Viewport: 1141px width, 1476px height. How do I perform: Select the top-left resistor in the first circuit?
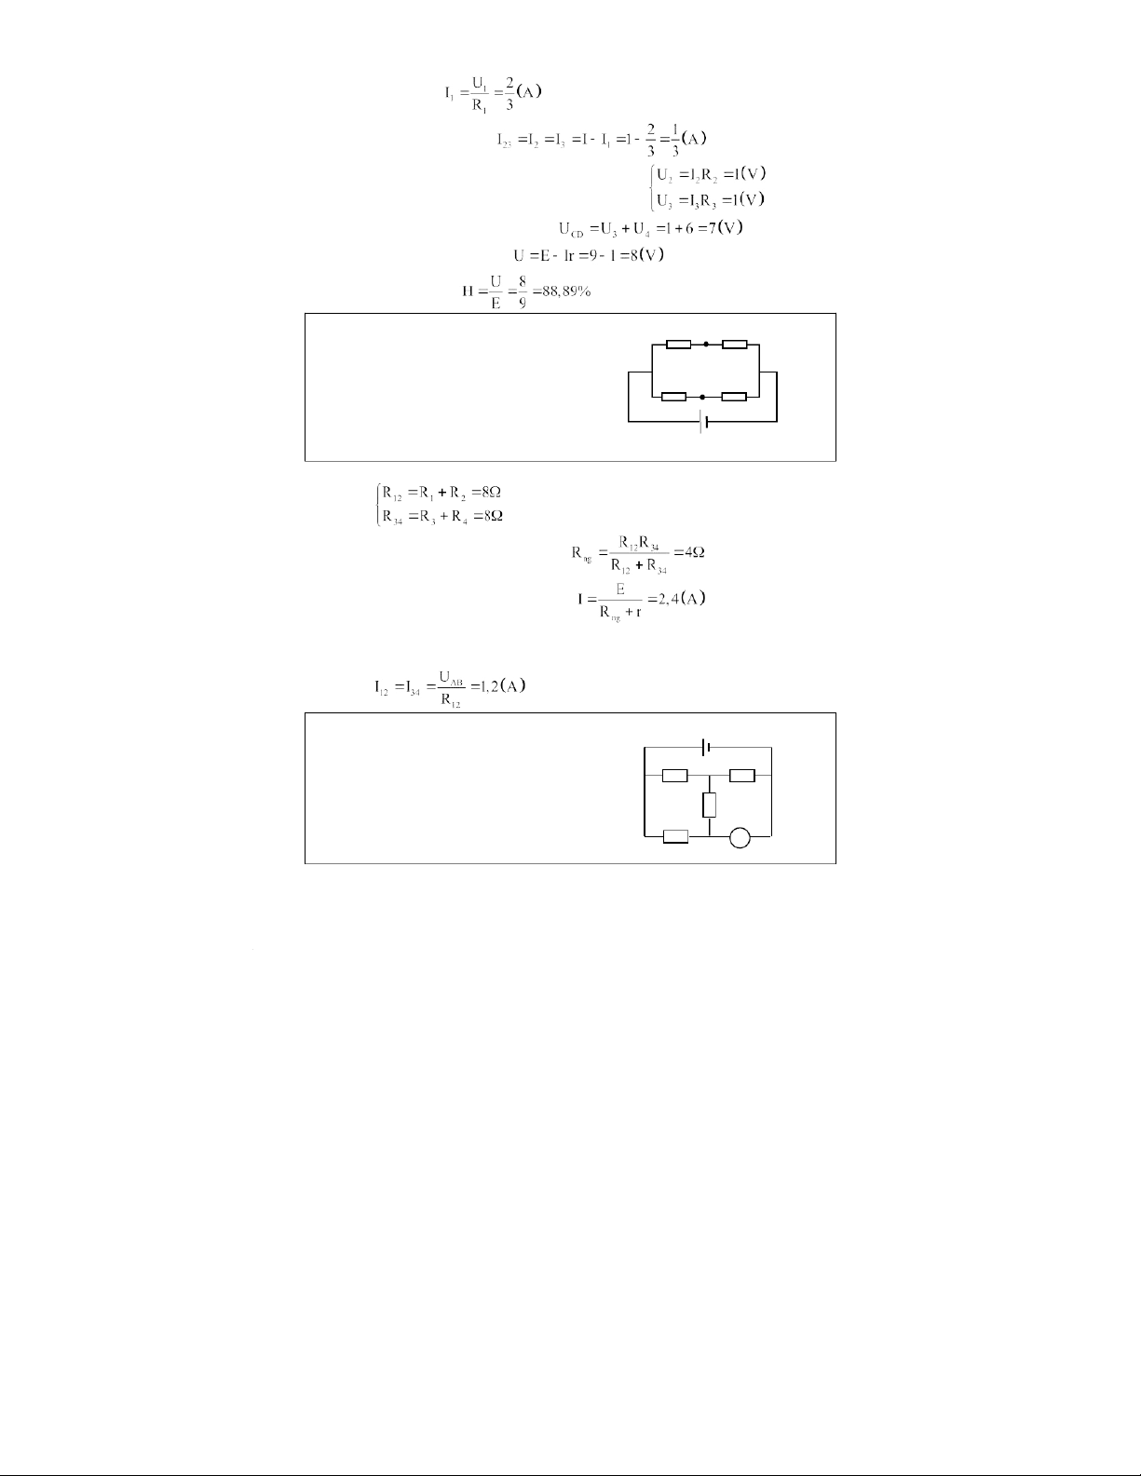pyautogui.click(x=678, y=345)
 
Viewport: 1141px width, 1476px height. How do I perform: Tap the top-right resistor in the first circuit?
pyautogui.click(x=734, y=345)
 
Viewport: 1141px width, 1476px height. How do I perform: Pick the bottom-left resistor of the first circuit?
pyautogui.click(x=673, y=397)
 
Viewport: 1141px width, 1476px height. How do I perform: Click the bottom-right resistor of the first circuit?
pyautogui.click(x=734, y=397)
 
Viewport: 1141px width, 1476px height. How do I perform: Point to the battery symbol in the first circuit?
pyautogui.click(x=703, y=422)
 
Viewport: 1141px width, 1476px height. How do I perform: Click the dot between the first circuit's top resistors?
pyautogui.click(x=706, y=345)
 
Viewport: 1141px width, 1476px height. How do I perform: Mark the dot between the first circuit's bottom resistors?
pyautogui.click(x=702, y=397)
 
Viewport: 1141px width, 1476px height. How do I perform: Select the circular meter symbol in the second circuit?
pyautogui.click(x=740, y=837)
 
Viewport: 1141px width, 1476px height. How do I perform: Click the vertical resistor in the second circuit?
pyautogui.click(x=710, y=805)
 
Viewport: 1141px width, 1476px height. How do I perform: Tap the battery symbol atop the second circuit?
pyautogui.click(x=708, y=747)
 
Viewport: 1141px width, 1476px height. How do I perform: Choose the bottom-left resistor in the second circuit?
pyautogui.click(x=674, y=837)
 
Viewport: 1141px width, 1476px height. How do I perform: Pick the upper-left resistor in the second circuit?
pyautogui.click(x=674, y=775)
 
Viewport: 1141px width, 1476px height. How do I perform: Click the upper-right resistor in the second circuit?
pyautogui.click(x=742, y=775)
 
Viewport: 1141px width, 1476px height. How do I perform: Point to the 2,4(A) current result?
pyautogui.click(x=682, y=598)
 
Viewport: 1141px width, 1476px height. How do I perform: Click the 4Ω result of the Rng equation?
pyautogui.click(x=695, y=551)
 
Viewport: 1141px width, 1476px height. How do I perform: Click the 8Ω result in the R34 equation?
pyautogui.click(x=493, y=516)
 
